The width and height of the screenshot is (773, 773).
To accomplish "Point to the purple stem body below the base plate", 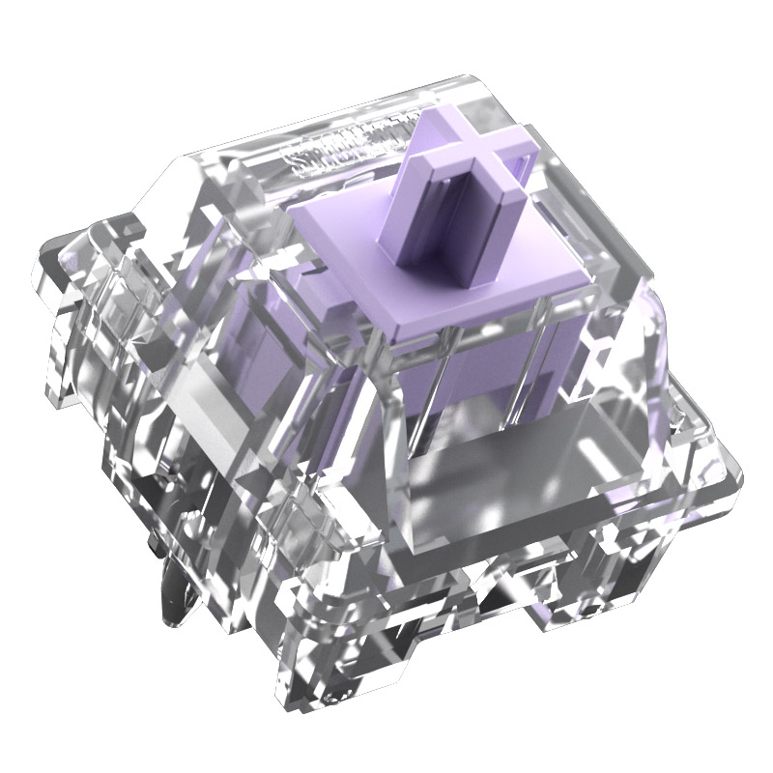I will [464, 377].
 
